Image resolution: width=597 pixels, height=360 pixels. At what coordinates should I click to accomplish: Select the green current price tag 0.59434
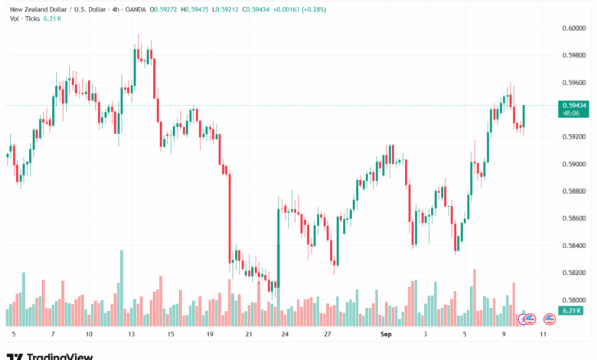573,105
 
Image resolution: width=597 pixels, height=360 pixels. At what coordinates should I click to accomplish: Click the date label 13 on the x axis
132,334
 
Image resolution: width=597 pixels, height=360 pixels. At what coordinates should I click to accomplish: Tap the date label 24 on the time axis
285,334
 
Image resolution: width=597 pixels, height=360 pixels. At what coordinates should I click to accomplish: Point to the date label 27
327,334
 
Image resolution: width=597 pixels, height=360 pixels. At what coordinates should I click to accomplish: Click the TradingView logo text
60,356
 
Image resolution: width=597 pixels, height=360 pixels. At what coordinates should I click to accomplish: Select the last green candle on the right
524,115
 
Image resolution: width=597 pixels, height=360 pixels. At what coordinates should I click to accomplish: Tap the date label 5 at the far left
14,334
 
